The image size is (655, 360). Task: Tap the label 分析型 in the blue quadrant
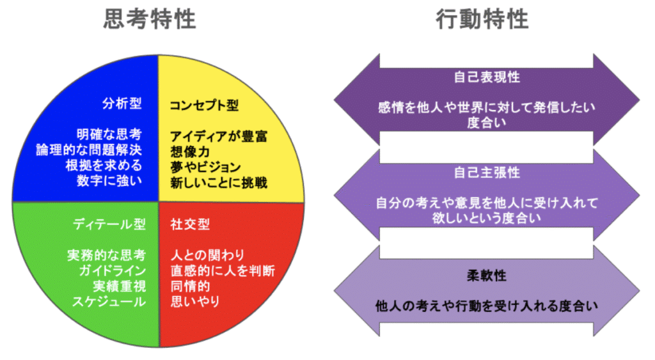pyautogui.click(x=122, y=104)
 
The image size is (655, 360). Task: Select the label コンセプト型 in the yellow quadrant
pyautogui.click(x=204, y=104)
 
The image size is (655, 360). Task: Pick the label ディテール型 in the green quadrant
pyautogui.click(x=109, y=224)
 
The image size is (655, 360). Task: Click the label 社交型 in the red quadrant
pyautogui.click(x=190, y=224)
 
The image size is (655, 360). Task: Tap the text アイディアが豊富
pyautogui.click(x=218, y=136)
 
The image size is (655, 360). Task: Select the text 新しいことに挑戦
pyautogui.click(x=218, y=182)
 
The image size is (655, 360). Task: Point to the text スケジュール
pyautogui.click(x=108, y=301)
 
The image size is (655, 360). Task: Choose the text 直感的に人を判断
pyautogui.click(x=223, y=270)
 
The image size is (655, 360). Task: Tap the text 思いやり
pyautogui.click(x=195, y=301)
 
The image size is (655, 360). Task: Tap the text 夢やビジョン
pyautogui.click(x=205, y=167)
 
